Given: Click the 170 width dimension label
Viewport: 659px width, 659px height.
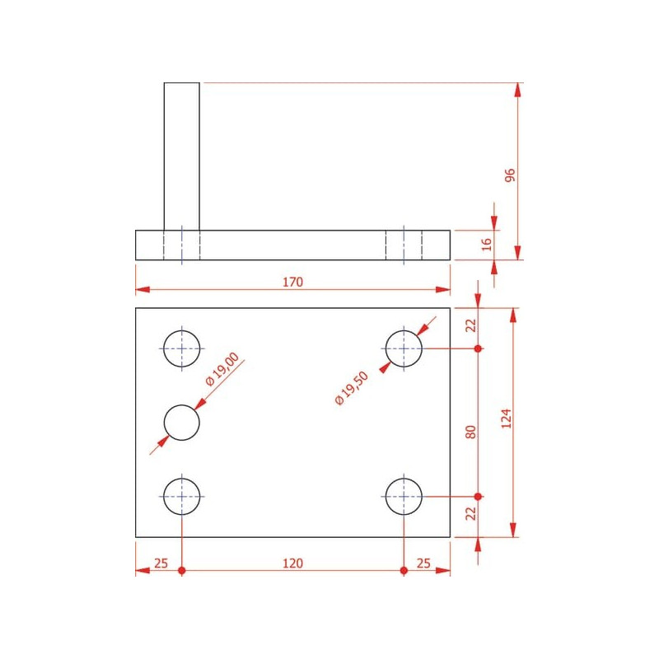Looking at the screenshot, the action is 292,282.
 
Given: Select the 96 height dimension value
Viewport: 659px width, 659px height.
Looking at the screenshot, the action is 510,175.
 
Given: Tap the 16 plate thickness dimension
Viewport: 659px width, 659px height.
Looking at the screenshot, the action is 486,244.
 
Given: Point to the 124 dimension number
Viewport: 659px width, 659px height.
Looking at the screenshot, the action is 507,418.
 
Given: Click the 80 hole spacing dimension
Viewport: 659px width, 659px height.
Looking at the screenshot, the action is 470,432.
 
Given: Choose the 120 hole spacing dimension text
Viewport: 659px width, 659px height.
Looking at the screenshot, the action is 292,563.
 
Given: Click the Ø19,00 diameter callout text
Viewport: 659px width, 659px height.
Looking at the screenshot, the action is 222,368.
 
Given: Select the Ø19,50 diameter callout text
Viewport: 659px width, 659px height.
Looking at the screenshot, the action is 352,388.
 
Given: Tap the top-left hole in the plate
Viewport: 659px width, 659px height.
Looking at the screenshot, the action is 181,348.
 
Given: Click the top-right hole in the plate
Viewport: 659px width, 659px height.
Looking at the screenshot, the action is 404,348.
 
